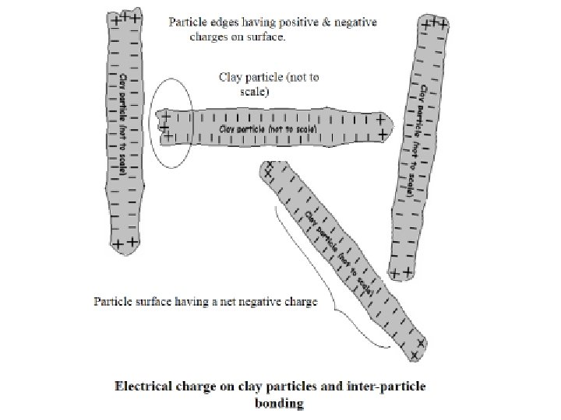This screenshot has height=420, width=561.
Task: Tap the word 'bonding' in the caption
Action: [279, 403]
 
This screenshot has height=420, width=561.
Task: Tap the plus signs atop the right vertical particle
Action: [434, 24]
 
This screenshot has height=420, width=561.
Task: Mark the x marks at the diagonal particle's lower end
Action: [418, 349]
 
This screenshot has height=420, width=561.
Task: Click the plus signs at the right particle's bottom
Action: [400, 273]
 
